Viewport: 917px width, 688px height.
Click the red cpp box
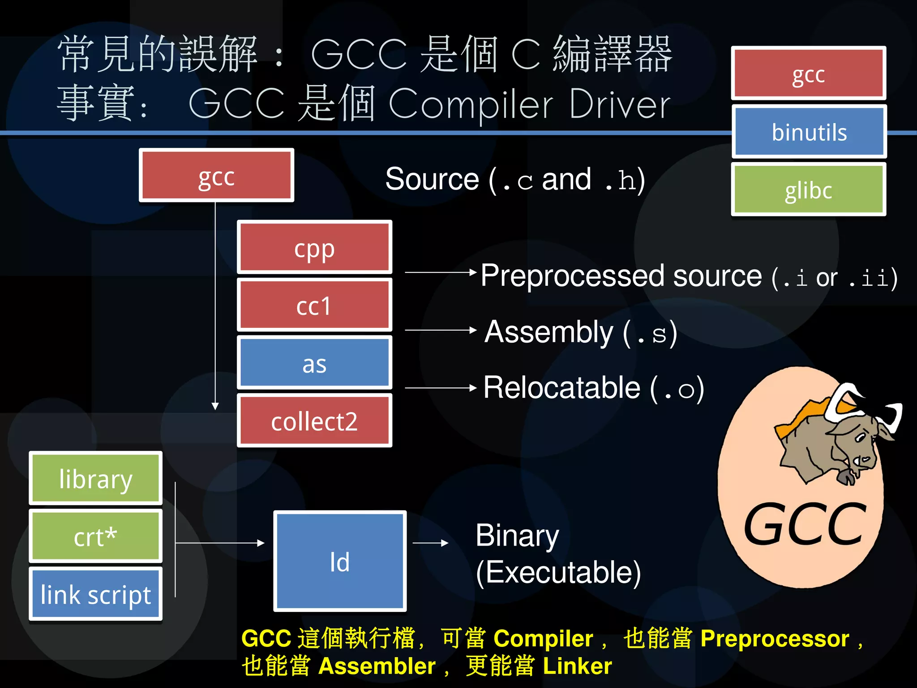point(314,247)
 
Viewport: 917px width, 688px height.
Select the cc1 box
point(314,305)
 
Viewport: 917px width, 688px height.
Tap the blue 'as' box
point(314,363)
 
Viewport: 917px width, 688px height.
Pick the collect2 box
point(314,421)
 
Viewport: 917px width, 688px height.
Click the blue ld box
point(340,561)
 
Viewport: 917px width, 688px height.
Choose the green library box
point(95,478)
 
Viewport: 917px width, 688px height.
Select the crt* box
point(95,536)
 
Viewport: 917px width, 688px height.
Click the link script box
point(95,594)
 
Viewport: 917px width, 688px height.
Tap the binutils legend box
point(809,132)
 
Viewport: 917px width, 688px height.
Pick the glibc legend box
point(809,189)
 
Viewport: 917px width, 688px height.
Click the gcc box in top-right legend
point(809,73)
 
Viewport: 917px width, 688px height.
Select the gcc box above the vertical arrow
point(216,176)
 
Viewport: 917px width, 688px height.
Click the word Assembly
point(548,332)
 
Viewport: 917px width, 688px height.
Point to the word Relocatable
point(562,388)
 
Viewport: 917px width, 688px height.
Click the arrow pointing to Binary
point(430,543)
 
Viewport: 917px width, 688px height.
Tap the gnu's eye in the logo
point(860,437)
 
